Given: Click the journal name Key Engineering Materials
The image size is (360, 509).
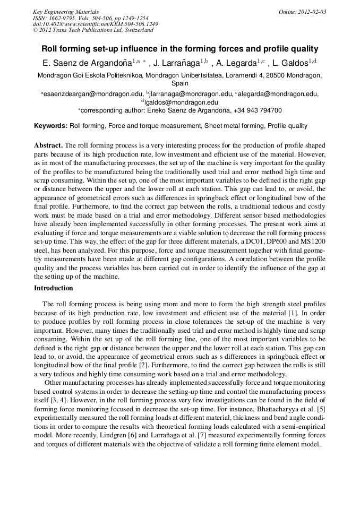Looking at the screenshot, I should click(66, 12).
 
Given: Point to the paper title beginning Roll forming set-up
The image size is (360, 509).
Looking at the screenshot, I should click(180, 48).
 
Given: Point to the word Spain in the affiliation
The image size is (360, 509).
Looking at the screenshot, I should click(180, 83).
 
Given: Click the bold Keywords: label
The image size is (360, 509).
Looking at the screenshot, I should click(50, 126).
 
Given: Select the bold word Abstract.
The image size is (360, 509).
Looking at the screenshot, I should click(48, 145).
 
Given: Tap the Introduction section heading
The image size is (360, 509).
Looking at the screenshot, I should click(54, 288).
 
